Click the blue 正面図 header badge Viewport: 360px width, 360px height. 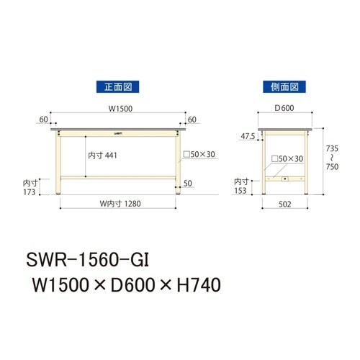tap(117, 86)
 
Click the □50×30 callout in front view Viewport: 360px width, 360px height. tap(198, 154)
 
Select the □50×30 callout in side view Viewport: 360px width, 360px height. tap(286, 158)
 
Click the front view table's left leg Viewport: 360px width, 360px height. tap(59, 162)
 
